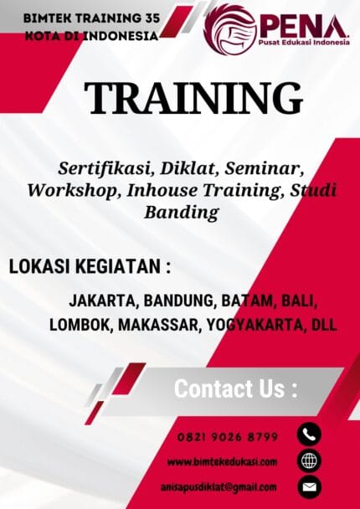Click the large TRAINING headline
(x=193, y=99)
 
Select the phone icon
(x=308, y=434)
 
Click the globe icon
(x=308, y=460)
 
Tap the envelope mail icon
(x=308, y=486)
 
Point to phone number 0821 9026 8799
(x=228, y=436)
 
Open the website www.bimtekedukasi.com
(x=222, y=462)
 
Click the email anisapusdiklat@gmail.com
(x=219, y=486)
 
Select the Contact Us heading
(x=235, y=389)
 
